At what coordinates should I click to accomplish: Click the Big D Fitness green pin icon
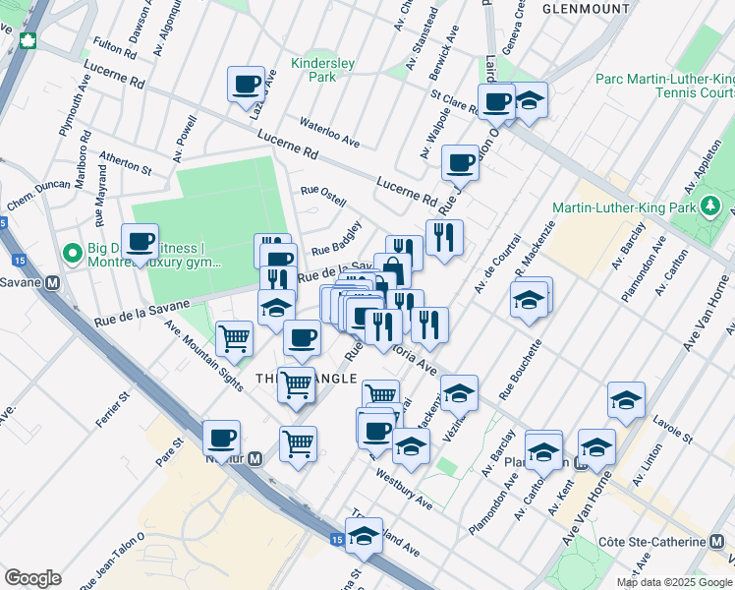(x=72, y=254)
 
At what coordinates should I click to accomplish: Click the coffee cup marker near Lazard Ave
(x=246, y=84)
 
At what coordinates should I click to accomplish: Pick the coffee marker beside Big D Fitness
(x=141, y=241)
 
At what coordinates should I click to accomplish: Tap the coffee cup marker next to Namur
(x=221, y=438)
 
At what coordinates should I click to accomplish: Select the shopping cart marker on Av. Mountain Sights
(x=235, y=338)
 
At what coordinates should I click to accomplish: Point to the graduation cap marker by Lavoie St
(x=626, y=400)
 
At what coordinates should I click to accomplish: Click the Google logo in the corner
(x=32, y=578)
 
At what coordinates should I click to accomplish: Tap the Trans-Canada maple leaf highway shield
(x=28, y=41)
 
